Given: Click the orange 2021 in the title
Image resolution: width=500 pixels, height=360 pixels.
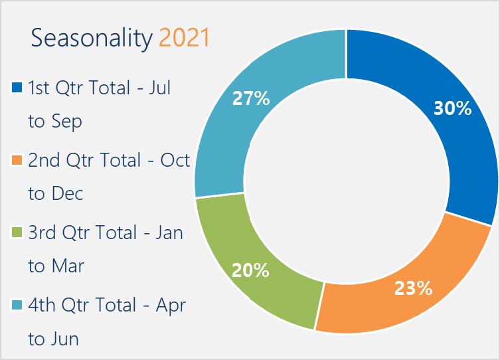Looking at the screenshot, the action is click(x=184, y=38).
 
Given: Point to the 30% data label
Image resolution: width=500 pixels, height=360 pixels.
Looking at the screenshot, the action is click(x=452, y=108).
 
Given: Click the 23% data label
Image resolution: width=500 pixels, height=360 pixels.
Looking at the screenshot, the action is click(x=413, y=288).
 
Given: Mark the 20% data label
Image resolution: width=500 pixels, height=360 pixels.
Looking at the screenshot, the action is click(x=250, y=270).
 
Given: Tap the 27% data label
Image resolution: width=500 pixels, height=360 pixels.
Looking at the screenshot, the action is click(x=251, y=98).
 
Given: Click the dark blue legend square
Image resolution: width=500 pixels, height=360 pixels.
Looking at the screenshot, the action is click(x=17, y=88).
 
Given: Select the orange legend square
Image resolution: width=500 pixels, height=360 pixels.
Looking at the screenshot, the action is click(x=17, y=160).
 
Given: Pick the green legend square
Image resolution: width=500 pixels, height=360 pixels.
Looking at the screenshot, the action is click(x=17, y=232).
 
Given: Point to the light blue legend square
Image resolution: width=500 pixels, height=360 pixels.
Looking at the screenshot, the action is click(x=17, y=305).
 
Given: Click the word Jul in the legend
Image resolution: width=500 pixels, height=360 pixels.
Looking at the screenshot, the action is click(x=160, y=88).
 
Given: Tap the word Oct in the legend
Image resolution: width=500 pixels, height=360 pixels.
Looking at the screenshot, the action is click(x=175, y=160).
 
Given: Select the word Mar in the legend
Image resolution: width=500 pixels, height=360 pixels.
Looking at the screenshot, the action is click(x=68, y=266).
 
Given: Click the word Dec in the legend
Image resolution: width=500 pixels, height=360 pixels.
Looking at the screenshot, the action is click(x=67, y=193).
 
